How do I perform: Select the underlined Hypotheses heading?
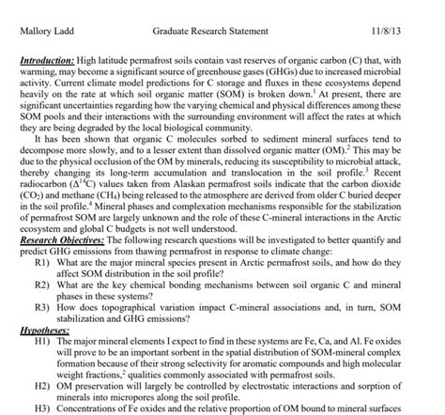click(x=42, y=330)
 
